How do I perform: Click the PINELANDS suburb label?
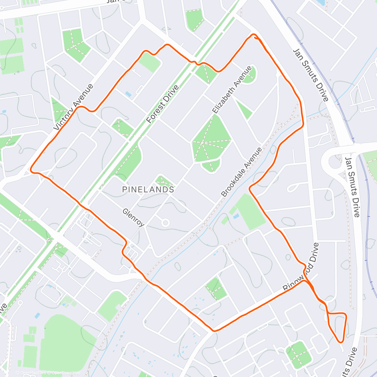[x=148, y=189]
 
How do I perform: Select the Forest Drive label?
[x=162, y=104]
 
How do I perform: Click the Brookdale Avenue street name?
[x=241, y=172]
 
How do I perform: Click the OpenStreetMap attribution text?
[x=66, y=373]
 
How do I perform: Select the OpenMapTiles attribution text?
[x=33, y=373]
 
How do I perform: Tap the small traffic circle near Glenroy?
[x=165, y=223]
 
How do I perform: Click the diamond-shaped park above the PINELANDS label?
[x=164, y=181]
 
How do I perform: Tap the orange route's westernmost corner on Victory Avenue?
[x=31, y=170]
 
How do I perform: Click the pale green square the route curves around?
[x=149, y=62]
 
